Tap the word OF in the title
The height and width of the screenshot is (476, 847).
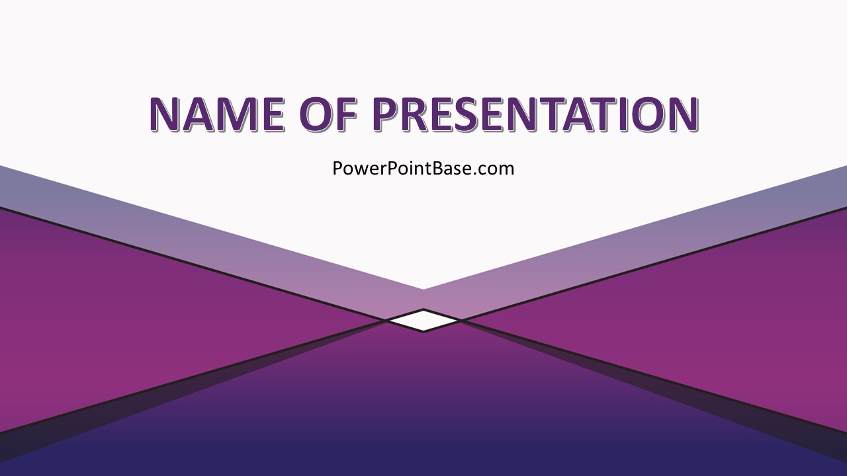tap(330, 114)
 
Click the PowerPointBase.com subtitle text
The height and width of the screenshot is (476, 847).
tap(423, 169)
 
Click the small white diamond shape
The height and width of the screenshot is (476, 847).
tap(423, 321)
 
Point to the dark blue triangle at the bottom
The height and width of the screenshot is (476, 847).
tap(423, 416)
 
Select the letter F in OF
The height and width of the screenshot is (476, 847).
tap(346, 114)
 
